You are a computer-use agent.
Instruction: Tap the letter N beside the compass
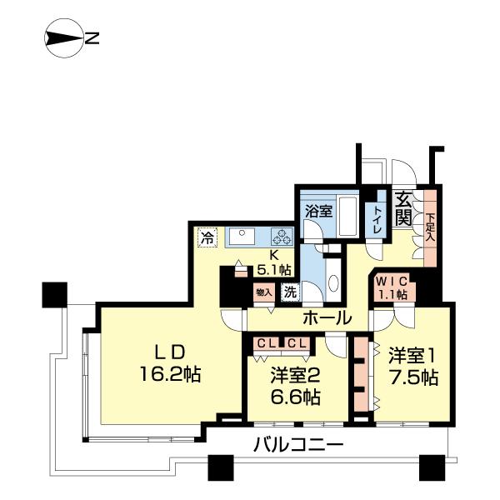tap(93, 37)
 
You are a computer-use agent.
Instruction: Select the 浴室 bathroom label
tap(318, 211)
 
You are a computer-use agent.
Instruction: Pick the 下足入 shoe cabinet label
tap(430, 227)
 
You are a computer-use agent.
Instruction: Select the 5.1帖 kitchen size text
tap(275, 269)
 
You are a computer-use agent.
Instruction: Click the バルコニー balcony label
tap(297, 446)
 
